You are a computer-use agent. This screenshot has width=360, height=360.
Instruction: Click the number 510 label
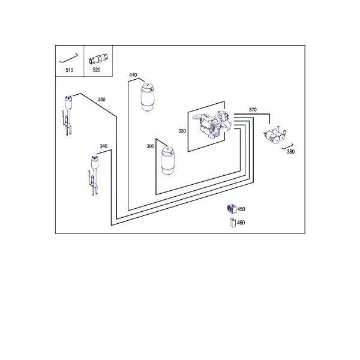click(70, 70)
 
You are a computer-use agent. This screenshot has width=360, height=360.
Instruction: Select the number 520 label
click(97, 70)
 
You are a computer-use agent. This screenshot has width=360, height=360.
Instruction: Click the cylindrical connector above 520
click(99, 59)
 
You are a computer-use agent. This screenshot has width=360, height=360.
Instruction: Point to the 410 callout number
click(133, 75)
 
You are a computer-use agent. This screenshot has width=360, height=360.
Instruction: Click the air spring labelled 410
click(147, 97)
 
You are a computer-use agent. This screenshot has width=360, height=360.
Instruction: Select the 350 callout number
click(101, 100)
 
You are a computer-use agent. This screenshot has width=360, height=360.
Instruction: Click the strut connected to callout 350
click(68, 116)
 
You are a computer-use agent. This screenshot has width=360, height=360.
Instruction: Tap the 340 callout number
click(104, 146)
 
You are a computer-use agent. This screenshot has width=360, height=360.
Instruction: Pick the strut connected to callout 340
click(94, 176)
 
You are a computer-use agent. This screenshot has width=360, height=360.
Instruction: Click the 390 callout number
click(151, 146)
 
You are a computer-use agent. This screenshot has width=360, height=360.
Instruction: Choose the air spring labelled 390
click(167, 161)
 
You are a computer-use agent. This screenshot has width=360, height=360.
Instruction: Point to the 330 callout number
click(182, 131)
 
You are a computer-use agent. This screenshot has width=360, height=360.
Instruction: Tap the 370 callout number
click(253, 110)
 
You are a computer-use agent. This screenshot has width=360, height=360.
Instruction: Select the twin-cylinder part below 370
click(275, 136)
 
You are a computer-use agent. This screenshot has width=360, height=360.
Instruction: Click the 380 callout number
click(290, 152)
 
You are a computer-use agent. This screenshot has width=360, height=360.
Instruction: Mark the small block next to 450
click(232, 208)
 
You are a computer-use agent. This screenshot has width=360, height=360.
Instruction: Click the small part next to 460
click(233, 223)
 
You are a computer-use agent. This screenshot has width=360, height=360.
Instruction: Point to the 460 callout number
click(241, 223)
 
